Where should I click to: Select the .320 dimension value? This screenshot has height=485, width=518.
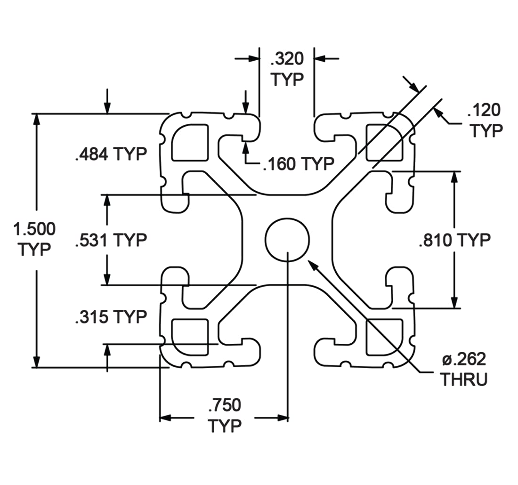287,59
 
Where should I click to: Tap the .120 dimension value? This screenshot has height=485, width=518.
484,110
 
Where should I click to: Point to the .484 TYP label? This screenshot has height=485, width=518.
111,154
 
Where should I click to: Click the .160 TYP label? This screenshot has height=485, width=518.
299,164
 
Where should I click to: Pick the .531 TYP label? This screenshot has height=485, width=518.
111,240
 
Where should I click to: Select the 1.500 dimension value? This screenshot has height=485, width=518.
34,229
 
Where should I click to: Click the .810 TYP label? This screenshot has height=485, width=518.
454,240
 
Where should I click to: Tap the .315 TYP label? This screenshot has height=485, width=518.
111,317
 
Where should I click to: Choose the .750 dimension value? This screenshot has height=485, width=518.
225,405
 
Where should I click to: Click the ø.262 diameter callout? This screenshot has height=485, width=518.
464,359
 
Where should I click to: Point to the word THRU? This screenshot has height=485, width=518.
464,379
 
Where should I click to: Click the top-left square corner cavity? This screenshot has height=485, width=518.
190,143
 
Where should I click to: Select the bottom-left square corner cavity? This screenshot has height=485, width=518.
190,337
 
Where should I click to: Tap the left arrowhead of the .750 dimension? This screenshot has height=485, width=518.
165,418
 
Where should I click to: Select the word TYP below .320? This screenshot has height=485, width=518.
287,79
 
